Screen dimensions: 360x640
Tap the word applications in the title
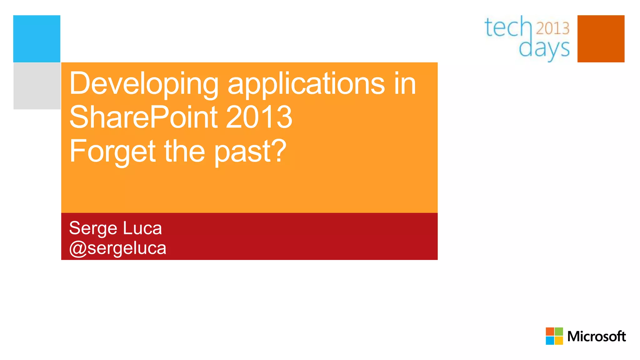(x=306, y=84)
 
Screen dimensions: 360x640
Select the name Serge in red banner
(x=93, y=228)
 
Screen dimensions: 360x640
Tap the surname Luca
(x=142, y=228)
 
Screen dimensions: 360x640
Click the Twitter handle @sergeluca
(x=117, y=248)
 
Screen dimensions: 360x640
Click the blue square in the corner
(x=37, y=38)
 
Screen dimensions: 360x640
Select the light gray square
(x=37, y=86)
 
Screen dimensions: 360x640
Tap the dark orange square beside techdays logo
(x=601, y=38)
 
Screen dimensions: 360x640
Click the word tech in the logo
(x=508, y=27)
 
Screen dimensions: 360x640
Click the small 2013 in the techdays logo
(x=552, y=28)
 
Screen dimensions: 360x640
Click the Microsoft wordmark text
(x=596, y=337)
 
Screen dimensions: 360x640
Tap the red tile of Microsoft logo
(x=550, y=332)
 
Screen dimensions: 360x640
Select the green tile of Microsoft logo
(x=559, y=332)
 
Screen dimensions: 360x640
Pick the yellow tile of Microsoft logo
(x=559, y=340)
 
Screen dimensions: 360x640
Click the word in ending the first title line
(x=405, y=84)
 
